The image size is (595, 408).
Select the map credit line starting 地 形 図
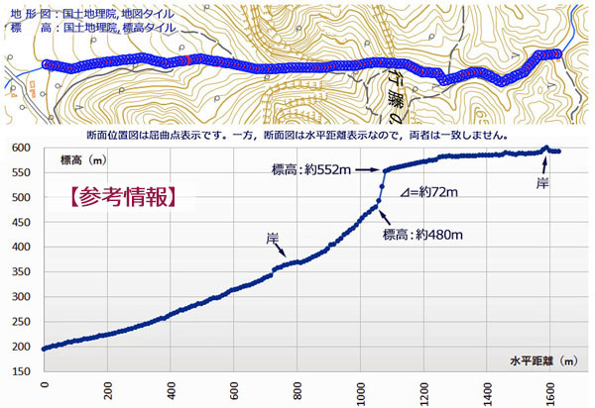94,13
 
